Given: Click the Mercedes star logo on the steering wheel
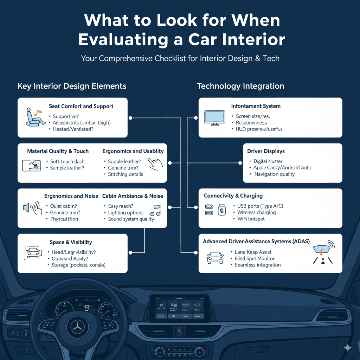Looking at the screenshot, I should pyautogui.click(x=77, y=327).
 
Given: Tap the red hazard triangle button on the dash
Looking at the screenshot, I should pyautogui.click(x=179, y=331).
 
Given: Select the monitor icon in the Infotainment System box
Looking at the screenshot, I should pyautogui.click(x=215, y=118).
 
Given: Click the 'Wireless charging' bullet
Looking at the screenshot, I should pyautogui.click(x=256, y=212).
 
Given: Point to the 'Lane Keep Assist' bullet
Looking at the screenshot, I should pyautogui.click(x=253, y=252).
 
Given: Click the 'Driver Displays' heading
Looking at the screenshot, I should pyautogui.click(x=266, y=151).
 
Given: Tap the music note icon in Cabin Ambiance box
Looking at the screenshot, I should pyautogui.click(x=155, y=211).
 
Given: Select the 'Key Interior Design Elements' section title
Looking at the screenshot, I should pyautogui.click(x=72, y=86).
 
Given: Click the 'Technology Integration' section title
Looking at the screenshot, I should pyautogui.click(x=240, y=86).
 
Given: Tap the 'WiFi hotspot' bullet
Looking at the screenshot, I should pyautogui.click(x=251, y=219).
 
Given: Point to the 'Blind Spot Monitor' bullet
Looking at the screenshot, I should pyautogui.click(x=255, y=258).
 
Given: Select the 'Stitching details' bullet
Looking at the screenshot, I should pyautogui.click(x=126, y=174).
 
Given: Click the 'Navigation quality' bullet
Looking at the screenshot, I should pyautogui.click(x=274, y=174).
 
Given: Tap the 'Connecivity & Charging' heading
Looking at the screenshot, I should pyautogui.click(x=233, y=196).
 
